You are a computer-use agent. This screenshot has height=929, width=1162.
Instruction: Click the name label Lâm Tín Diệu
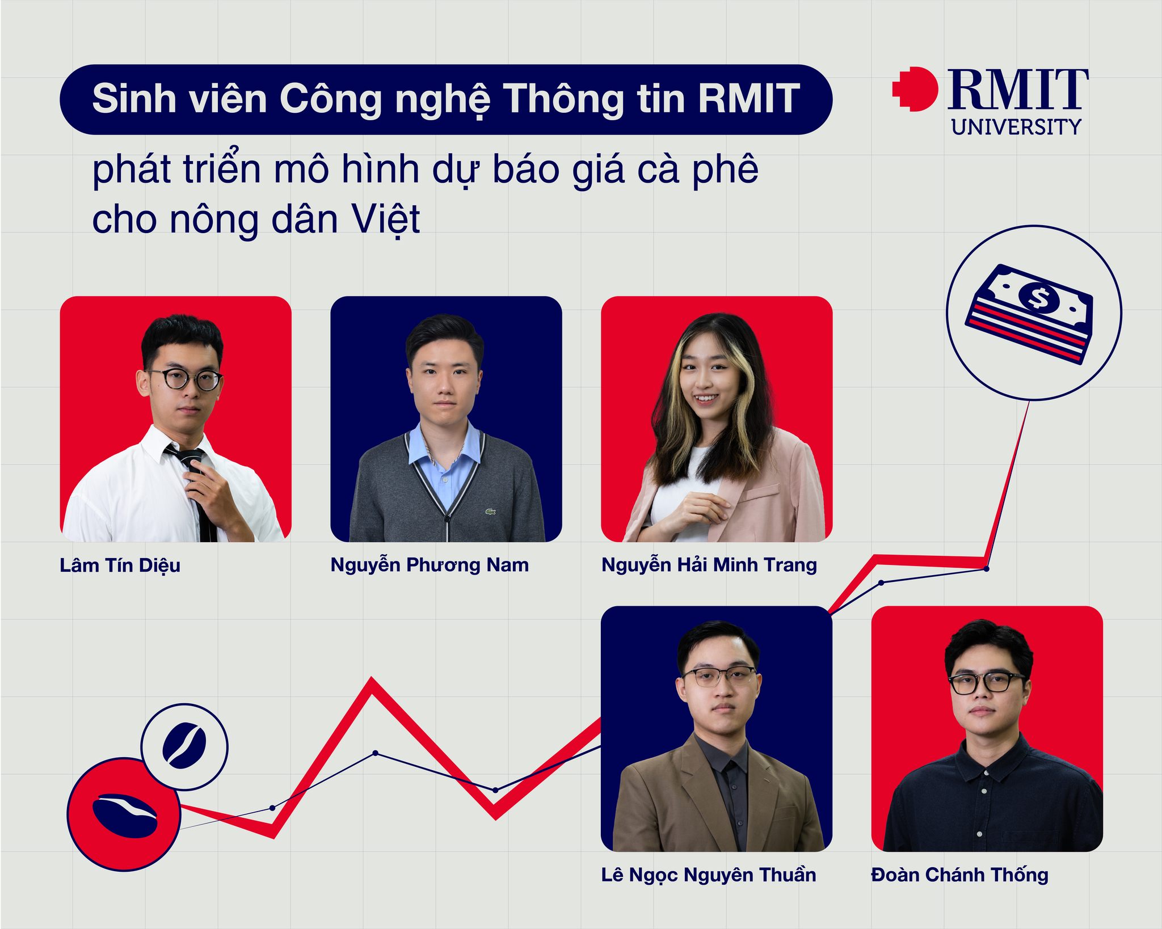120,566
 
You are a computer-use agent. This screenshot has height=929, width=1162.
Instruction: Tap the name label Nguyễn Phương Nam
430,565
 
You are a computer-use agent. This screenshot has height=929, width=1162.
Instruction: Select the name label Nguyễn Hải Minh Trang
709,565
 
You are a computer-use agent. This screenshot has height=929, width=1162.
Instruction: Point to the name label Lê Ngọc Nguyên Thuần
709,875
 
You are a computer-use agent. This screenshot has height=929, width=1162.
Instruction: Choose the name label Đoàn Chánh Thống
959,875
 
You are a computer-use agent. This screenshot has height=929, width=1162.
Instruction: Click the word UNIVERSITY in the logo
1016,127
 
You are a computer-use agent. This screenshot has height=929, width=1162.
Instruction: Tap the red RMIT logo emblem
915,89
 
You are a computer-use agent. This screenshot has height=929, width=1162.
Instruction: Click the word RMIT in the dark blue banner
749,99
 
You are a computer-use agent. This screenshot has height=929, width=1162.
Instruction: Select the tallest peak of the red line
372,678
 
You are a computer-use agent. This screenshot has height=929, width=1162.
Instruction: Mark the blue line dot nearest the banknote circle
986,568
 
